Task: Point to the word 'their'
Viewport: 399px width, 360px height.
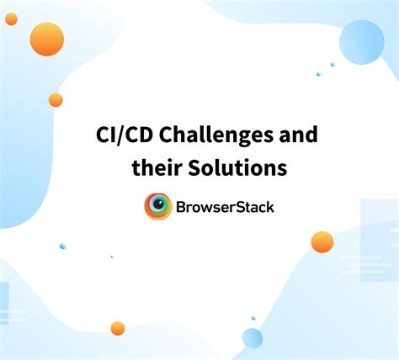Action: click(157, 168)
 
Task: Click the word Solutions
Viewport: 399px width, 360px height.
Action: click(237, 168)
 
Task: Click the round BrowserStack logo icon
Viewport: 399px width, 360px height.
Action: click(158, 207)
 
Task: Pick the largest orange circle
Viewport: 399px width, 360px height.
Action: click(47, 39)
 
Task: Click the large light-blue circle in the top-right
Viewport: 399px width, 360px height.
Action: click(361, 42)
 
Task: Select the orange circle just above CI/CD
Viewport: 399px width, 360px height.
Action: click(56, 100)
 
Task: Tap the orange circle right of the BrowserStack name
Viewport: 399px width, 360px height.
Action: click(322, 242)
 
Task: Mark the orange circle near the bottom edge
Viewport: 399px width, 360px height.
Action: click(118, 328)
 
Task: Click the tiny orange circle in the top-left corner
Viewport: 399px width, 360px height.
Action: click(11, 19)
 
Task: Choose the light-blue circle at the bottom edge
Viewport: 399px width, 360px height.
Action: click(253, 338)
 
